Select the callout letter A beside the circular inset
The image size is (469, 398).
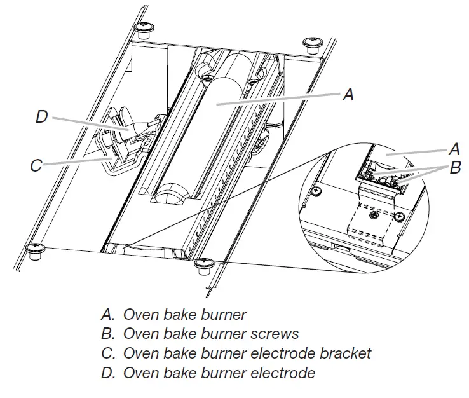[x=454, y=150]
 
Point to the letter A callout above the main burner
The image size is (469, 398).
[x=347, y=94]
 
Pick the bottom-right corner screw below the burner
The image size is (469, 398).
[x=204, y=264]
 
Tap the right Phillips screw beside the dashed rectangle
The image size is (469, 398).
[x=398, y=216]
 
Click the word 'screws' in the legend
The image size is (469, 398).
[x=275, y=333]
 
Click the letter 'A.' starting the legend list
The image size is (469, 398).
[x=108, y=314]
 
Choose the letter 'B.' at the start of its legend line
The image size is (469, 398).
[x=108, y=333]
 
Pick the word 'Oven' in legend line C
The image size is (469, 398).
[x=140, y=352]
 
